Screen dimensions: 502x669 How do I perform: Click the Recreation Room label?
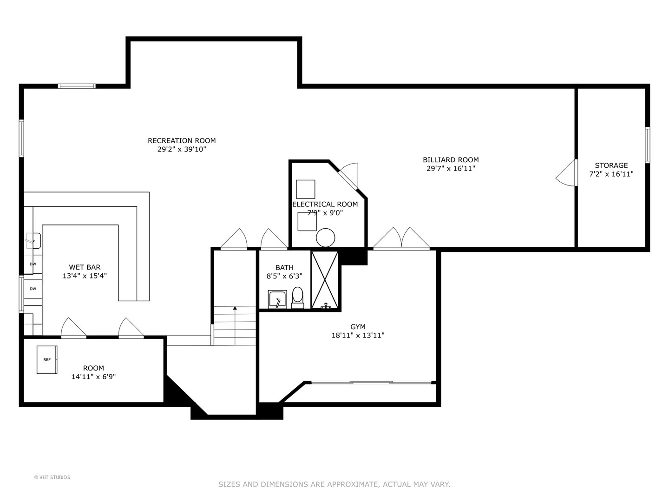pos(182,140)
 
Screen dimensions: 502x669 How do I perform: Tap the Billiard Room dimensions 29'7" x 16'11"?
pos(451,169)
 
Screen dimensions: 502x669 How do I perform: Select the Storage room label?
pos(611,165)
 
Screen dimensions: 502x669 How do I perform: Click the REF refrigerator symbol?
pos(47,359)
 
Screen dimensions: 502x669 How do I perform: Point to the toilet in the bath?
pos(297,297)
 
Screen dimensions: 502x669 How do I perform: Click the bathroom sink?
pos(277,299)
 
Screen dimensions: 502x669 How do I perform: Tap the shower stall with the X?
pos(324,279)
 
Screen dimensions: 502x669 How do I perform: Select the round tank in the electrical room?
pos(325,238)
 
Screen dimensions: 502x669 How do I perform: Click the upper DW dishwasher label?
pos(33,264)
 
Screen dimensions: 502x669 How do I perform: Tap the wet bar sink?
pos(33,241)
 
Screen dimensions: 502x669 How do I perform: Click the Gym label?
pos(358,327)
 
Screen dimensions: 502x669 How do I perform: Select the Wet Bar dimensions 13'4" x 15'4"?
pos(85,276)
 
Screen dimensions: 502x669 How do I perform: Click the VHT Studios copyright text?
pos(52,477)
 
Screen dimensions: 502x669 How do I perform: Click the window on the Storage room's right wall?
pos(647,145)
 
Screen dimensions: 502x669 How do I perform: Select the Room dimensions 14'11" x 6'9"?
pos(93,377)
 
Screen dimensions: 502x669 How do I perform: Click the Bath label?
pos(284,267)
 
